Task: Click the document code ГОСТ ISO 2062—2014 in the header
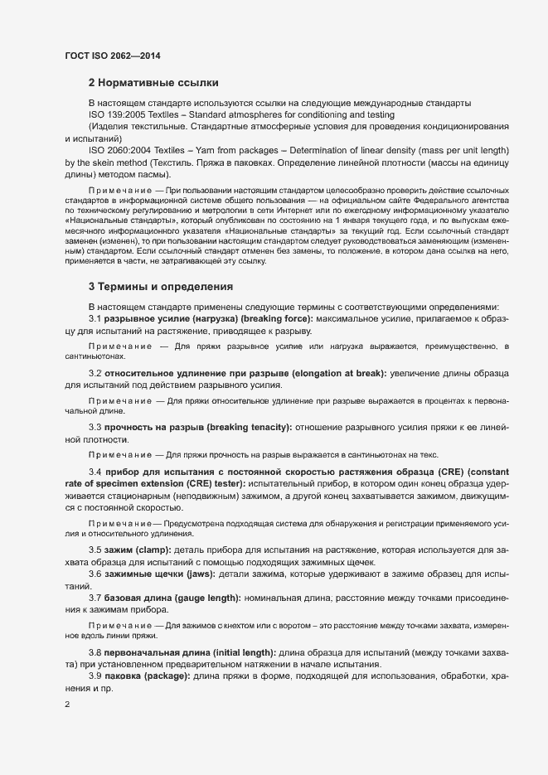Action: [x=112, y=56]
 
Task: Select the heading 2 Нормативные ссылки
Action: [x=153, y=83]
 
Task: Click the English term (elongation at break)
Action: [x=331, y=374]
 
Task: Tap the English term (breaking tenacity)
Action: [x=249, y=426]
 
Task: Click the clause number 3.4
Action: [x=95, y=472]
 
